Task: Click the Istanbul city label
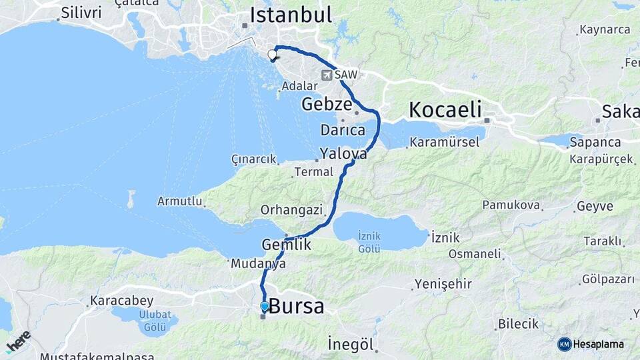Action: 291,15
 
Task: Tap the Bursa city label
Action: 297,307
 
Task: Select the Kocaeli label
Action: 446,110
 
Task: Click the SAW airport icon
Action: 327,75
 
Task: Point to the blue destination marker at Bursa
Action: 265,307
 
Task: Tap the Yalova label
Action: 343,153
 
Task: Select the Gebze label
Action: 326,104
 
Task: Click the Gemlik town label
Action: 287,245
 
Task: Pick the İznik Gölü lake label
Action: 369,241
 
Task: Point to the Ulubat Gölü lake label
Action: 154,321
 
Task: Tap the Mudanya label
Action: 258,264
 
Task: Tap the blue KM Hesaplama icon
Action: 564,344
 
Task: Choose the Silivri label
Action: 81,13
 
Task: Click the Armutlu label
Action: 179,201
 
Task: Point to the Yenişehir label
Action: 443,284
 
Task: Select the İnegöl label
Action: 349,344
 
